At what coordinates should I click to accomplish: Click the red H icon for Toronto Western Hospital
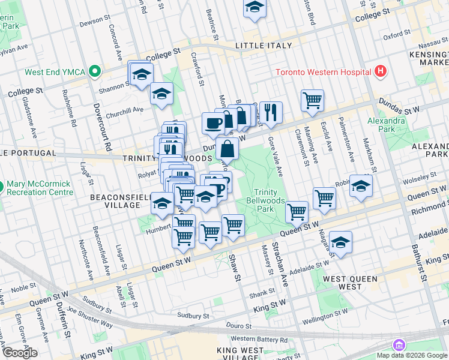tap(379, 72)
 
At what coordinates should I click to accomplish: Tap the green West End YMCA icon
tap(94, 72)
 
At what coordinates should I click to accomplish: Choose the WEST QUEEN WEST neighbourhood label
tap(350, 283)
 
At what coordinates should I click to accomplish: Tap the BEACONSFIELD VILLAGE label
tap(115, 201)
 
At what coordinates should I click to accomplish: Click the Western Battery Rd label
tap(259, 340)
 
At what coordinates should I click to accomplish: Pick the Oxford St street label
tap(396, 35)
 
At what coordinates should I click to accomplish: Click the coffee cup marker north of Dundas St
tap(212, 123)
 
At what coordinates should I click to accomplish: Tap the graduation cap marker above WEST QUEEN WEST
tap(340, 243)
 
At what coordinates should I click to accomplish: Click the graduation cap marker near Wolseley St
tap(361, 186)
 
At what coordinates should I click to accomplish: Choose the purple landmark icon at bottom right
tap(398, 345)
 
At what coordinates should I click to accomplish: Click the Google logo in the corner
tap(20, 353)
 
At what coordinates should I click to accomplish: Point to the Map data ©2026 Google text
tap(412, 355)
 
